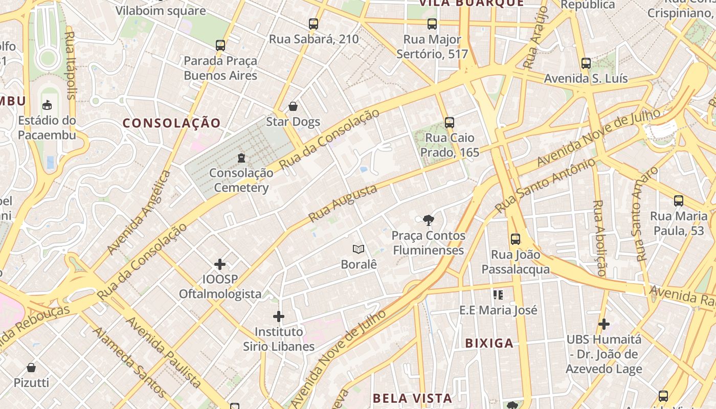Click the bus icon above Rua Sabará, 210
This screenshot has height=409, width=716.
(314, 24)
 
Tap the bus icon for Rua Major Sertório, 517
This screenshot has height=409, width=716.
(432, 24)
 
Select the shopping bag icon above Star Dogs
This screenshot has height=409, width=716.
(293, 106)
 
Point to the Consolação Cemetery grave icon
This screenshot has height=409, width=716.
(241, 158)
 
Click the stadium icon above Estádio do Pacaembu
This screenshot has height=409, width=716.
(47, 105)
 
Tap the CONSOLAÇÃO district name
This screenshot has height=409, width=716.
(171, 123)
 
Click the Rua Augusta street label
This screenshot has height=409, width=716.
(343, 203)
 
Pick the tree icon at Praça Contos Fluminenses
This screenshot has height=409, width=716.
(429, 220)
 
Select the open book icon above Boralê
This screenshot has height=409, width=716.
(359, 249)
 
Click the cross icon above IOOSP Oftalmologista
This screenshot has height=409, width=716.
(220, 264)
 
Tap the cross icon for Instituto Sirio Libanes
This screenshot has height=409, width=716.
(278, 316)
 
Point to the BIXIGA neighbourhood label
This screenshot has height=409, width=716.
(489, 343)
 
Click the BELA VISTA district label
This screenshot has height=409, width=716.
(412, 398)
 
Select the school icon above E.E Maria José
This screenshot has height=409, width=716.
(498, 294)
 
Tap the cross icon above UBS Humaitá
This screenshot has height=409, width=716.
(604, 324)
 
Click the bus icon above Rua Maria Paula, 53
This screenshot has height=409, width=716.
(679, 201)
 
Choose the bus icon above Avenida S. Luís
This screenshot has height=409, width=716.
(586, 64)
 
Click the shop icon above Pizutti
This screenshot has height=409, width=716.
(31, 367)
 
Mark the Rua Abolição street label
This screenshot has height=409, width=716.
(599, 238)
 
